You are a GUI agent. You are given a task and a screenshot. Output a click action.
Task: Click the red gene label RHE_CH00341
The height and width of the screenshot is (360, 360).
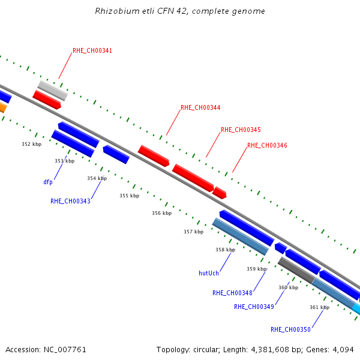pyautogui.click(x=92, y=50)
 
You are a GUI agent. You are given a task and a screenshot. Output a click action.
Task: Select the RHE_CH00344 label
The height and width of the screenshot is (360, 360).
pyautogui.click(x=200, y=107)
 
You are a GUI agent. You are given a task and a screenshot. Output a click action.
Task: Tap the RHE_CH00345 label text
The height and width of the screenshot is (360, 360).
pyautogui.click(x=241, y=130)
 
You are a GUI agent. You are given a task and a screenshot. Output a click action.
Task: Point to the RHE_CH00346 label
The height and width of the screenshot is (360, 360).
pyautogui.click(x=267, y=145)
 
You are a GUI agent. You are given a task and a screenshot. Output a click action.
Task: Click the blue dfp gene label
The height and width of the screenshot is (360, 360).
pyautogui.click(x=48, y=182)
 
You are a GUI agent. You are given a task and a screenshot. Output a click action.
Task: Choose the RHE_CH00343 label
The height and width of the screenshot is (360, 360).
pyautogui.click(x=70, y=201)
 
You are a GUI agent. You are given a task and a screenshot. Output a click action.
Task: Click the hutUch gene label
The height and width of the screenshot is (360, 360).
pyautogui.click(x=209, y=273)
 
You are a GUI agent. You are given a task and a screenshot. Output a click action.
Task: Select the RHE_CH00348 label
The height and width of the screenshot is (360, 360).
pyautogui.click(x=232, y=293)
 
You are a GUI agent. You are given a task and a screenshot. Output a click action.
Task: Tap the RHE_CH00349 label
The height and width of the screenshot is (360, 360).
pyautogui.click(x=254, y=307)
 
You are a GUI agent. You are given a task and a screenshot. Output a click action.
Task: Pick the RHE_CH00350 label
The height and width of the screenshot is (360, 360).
pyautogui.click(x=290, y=329)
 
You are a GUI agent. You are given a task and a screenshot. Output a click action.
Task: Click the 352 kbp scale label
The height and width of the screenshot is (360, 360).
pyautogui.click(x=32, y=144)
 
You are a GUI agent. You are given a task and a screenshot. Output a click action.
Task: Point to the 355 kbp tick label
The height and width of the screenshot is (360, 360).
pyautogui.click(x=129, y=196)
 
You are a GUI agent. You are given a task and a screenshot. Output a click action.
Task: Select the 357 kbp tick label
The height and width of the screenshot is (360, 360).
pyautogui.click(x=194, y=232)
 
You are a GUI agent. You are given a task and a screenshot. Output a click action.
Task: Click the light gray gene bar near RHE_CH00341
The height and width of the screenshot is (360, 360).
pyautogui.click(x=53, y=91)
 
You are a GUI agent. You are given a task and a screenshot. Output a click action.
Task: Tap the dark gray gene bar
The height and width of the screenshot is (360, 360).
pyautogui.click(x=296, y=270)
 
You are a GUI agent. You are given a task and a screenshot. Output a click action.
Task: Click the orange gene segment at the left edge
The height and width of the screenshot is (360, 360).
pyautogui.click(x=3, y=107)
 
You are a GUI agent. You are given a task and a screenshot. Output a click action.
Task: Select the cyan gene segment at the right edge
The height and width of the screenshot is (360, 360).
pyautogui.click(x=356, y=308)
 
